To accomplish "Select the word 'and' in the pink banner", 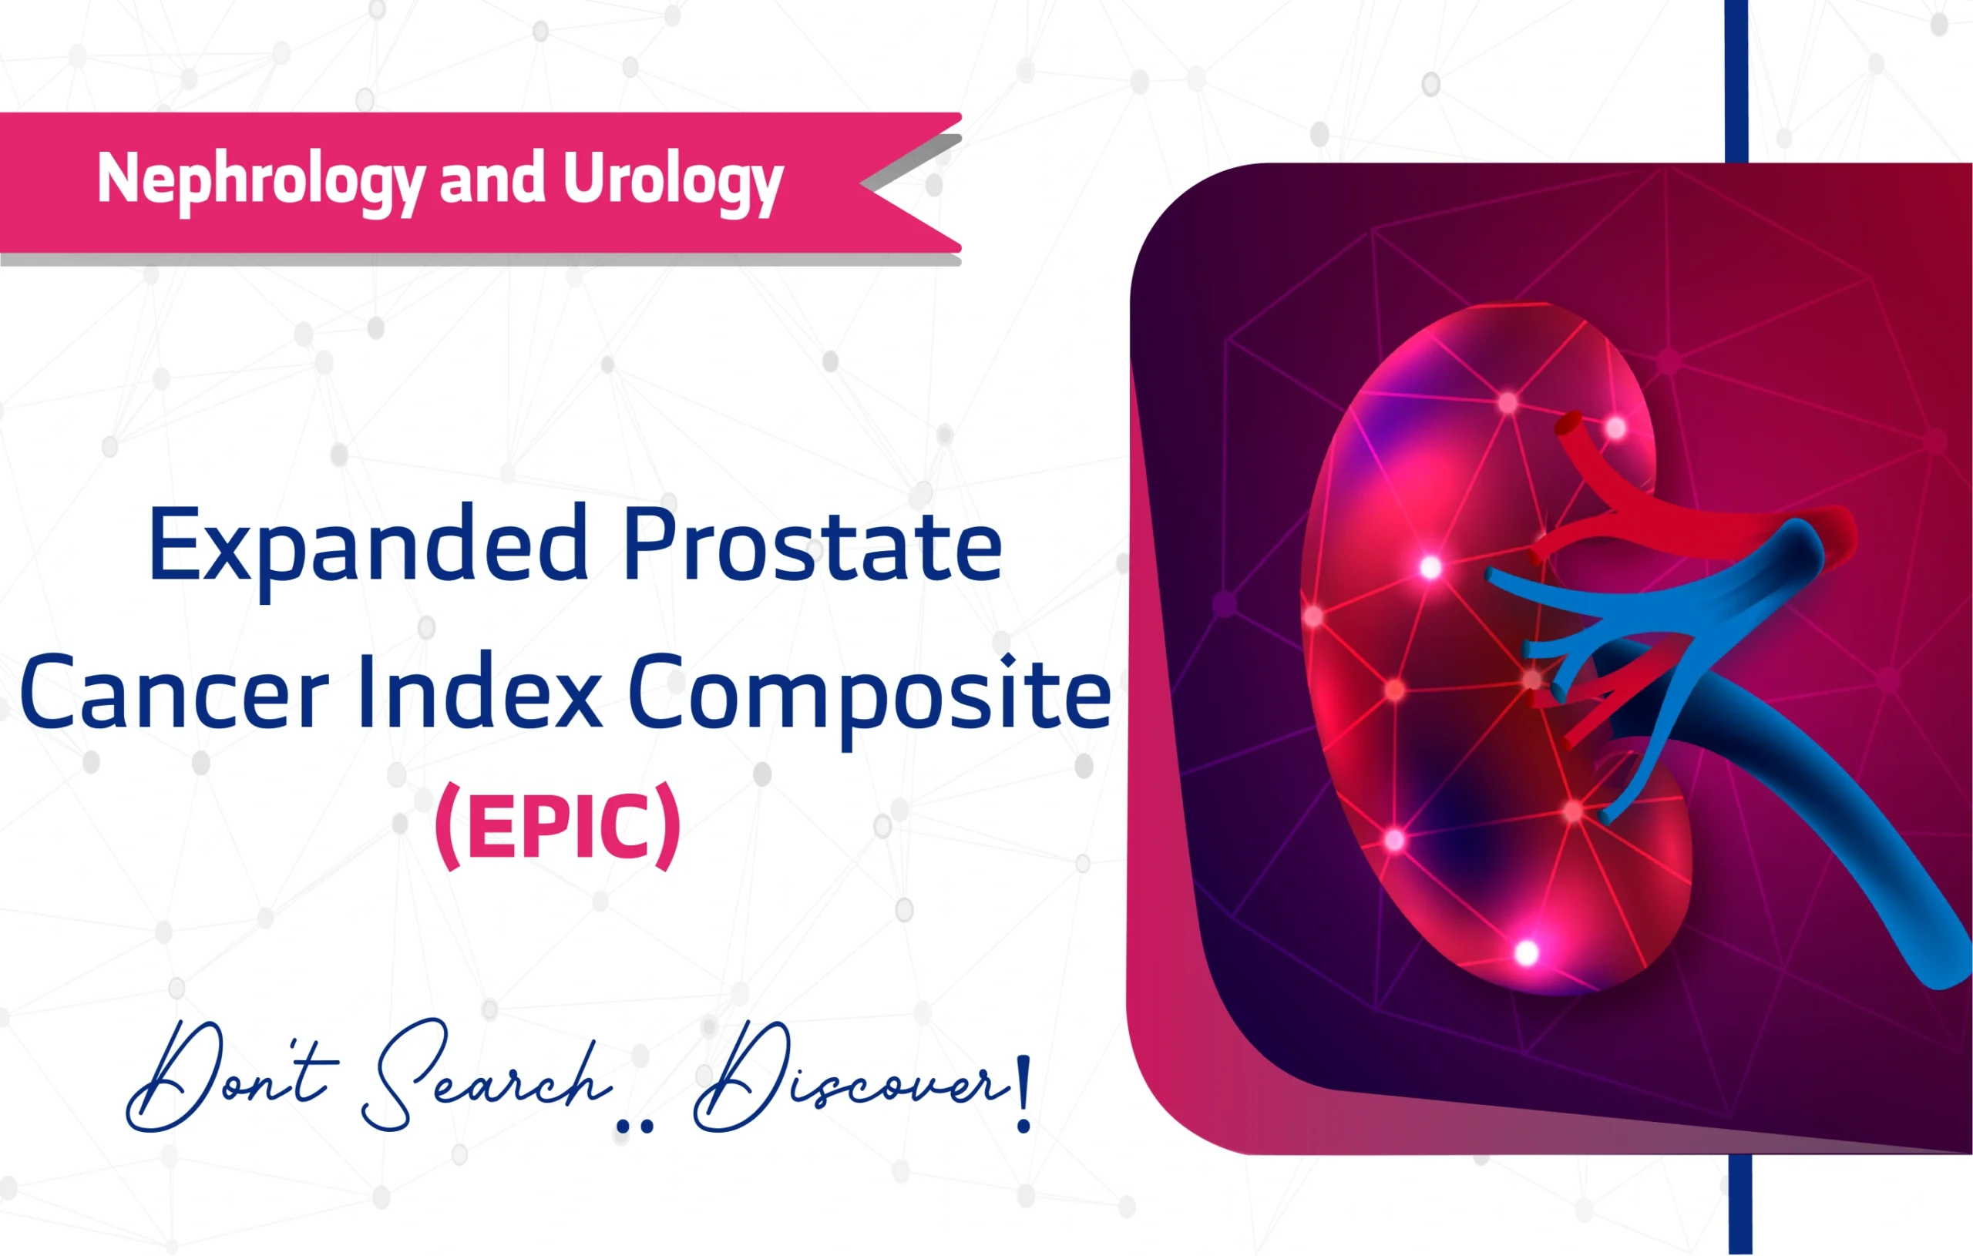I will (x=492, y=178).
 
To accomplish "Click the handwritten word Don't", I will (x=230, y=1077).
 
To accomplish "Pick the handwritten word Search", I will (x=483, y=1077).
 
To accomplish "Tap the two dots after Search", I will (x=635, y=1127).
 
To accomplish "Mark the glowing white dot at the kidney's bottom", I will (x=1527, y=953).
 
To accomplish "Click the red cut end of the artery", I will (x=1568, y=425).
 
